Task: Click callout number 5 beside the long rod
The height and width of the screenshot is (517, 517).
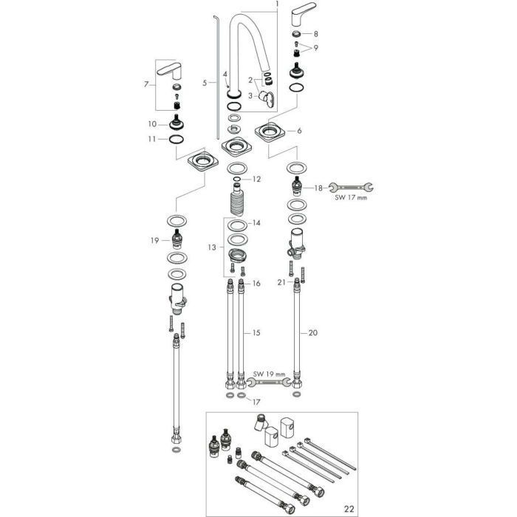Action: (205, 84)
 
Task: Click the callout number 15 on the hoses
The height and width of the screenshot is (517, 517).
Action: (256, 333)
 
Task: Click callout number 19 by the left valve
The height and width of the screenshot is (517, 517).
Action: (155, 241)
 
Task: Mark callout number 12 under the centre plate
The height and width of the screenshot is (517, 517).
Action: (256, 179)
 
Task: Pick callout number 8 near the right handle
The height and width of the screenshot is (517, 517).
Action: (316, 34)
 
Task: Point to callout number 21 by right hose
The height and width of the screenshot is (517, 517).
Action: (281, 282)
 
